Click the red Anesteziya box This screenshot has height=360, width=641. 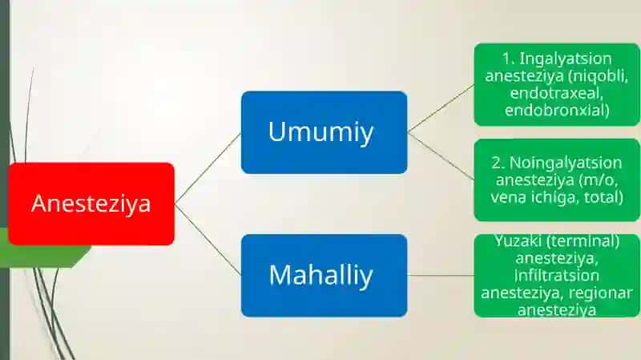pos(91,204)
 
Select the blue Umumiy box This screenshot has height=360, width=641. pos(325,132)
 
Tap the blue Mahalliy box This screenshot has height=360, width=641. pos(325,275)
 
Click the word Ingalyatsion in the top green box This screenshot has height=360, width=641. pos(566,59)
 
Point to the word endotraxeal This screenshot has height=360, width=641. pos(556,93)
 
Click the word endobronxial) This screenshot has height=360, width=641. pos(557,110)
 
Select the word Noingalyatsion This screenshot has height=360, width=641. pos(566,163)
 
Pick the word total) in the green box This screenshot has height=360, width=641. pos(603,197)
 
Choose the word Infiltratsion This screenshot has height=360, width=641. pos(557,275)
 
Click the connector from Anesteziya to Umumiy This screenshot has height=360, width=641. pos(208,168)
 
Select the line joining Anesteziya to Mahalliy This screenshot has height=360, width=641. pos(208,240)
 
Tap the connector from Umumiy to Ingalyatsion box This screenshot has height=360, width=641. pos(441,108)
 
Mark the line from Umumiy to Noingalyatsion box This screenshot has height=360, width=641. pos(441,156)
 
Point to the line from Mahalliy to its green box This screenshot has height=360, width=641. pos(441,275)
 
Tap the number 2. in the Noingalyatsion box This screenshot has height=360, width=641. pos(498,163)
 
